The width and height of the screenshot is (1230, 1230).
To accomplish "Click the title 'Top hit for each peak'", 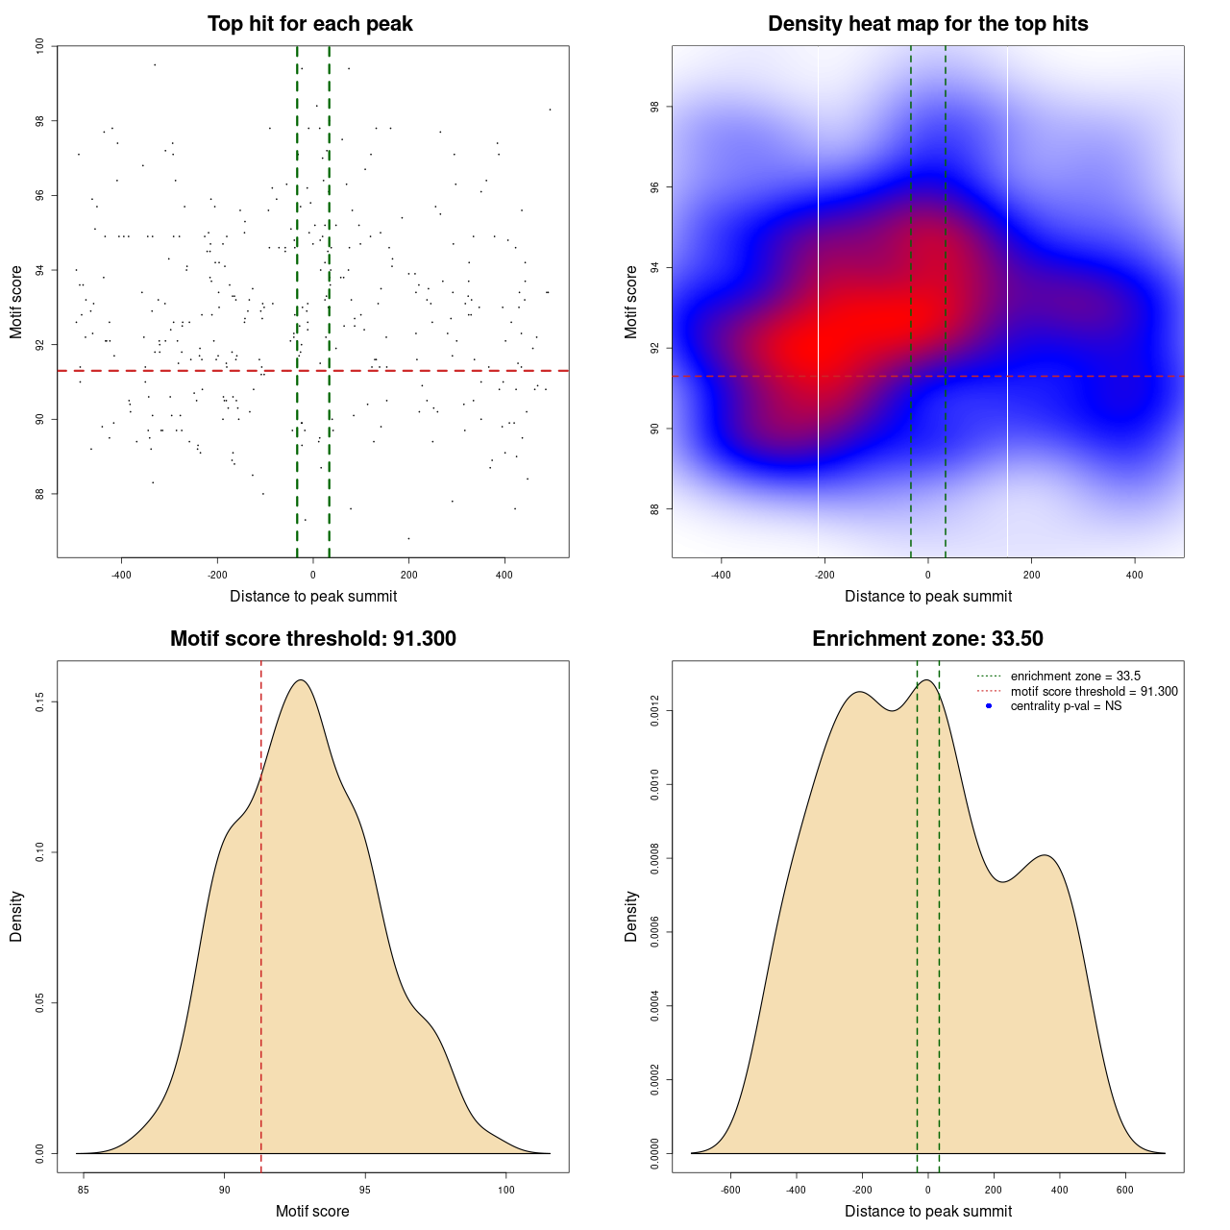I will pos(309,24).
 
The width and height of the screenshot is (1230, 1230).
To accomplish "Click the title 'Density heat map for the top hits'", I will pos(927,24).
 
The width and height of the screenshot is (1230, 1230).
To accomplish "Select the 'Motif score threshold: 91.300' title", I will pos(312,639).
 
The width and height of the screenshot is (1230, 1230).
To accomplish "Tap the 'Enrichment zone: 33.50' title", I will pos(927,639).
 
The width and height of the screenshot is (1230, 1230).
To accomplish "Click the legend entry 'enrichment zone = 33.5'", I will pos(1075,676).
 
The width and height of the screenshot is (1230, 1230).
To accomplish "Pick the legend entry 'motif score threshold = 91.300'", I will pos(1094,692).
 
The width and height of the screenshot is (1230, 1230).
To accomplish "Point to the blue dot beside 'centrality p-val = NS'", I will pos(989,706).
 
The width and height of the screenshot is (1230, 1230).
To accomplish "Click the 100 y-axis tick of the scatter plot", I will pos(39,46).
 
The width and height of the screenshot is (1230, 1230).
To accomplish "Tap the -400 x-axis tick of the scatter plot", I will pos(121,575).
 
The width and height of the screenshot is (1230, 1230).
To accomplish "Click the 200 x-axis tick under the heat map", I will pos(1031,575).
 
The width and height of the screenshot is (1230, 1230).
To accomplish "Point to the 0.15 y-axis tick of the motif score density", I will pos(39,702).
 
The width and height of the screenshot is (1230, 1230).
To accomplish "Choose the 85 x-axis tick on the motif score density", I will pos(84,1190).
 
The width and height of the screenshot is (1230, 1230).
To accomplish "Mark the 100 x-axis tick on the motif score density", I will pos(506,1190).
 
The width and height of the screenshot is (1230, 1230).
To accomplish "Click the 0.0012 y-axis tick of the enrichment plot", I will pos(654,711).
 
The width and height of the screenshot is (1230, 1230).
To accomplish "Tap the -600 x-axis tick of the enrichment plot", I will pos(730,1190).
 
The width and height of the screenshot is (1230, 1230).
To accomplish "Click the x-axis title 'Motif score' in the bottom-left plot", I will pos(312,1211).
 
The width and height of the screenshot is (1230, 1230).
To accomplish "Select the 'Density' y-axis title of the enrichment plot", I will pos(631,916).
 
